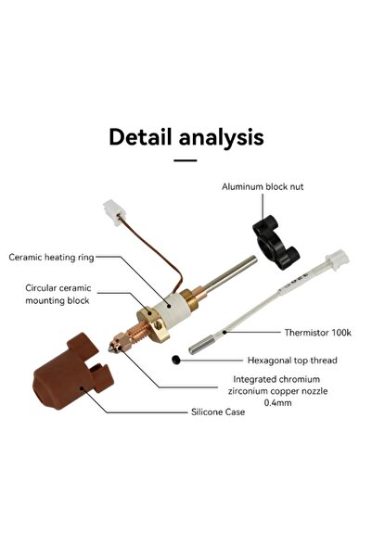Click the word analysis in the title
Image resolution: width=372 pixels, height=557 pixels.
click(x=224, y=138)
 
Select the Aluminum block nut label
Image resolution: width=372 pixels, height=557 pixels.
click(x=263, y=186)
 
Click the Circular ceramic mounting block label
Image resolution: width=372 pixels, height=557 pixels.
click(x=58, y=294)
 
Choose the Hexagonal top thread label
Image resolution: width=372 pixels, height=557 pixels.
click(x=292, y=360)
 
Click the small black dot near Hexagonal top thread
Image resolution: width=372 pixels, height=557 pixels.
click(x=175, y=359)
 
